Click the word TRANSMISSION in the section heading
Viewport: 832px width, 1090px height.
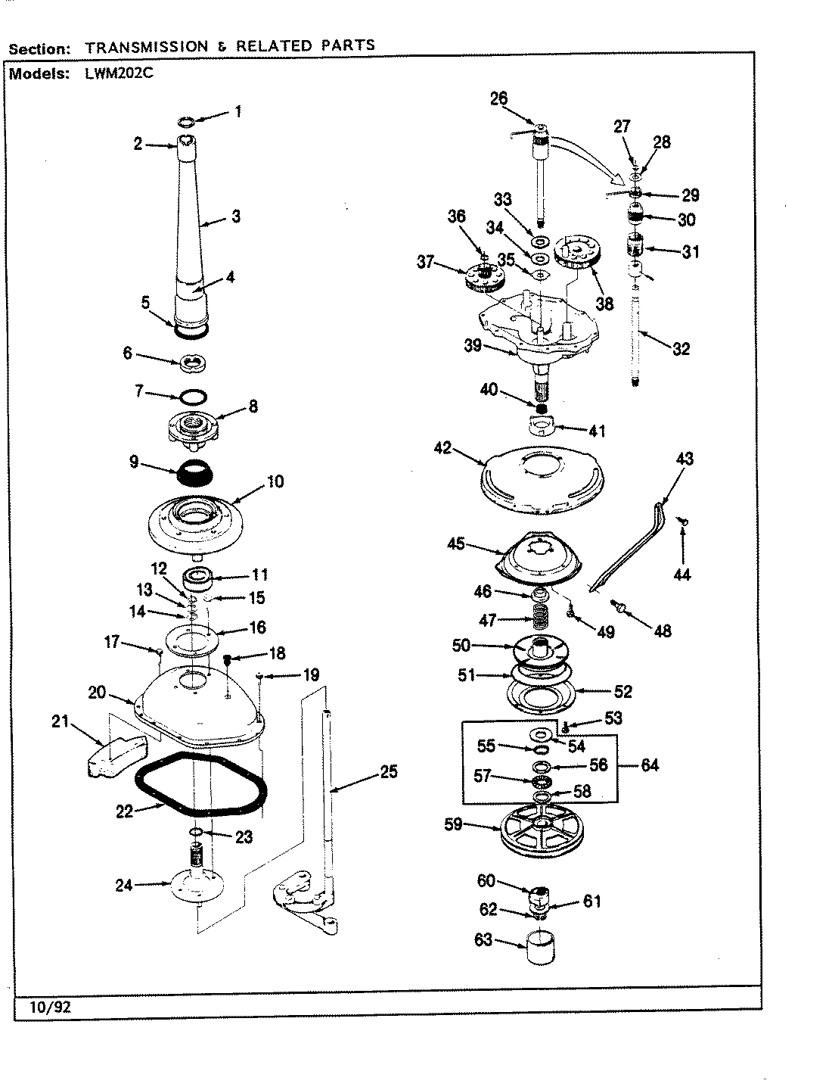(146, 46)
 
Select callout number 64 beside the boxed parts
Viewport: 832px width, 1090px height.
(650, 765)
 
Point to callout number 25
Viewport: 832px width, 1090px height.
(388, 773)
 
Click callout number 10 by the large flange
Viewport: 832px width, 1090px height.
(275, 481)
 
